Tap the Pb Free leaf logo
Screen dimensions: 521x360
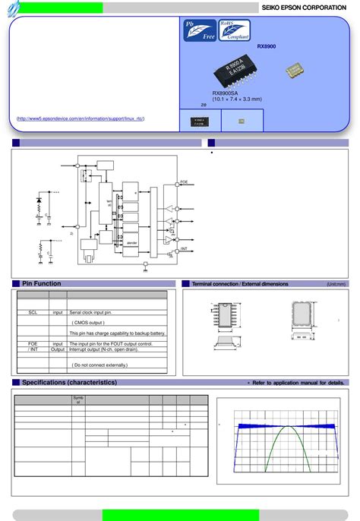200,31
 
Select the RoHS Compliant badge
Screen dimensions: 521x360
235,31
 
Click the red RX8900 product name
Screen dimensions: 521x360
267,47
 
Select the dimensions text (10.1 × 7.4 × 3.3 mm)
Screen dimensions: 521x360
237,99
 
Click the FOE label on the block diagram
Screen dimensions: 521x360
184,182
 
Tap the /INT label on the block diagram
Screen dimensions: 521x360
184,248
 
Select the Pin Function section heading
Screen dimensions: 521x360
42,283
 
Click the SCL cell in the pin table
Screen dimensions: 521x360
33,312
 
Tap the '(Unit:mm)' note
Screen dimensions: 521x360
336,284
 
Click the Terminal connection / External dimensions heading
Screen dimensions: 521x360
240,284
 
